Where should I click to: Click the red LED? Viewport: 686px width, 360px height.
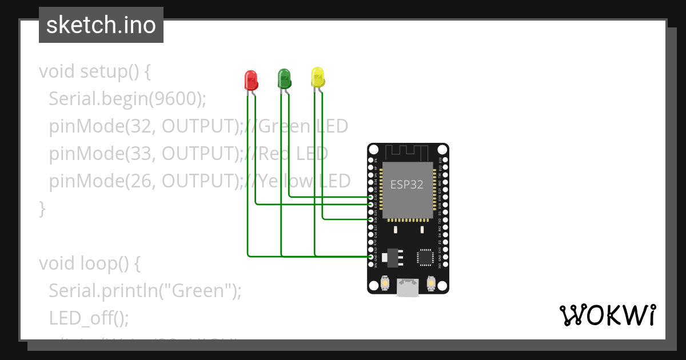pyautogui.click(x=250, y=80)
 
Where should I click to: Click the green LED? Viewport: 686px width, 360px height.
pyautogui.click(x=284, y=78)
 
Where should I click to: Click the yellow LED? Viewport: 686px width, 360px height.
pyautogui.click(x=318, y=77)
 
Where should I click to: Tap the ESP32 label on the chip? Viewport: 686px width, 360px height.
pyautogui.click(x=407, y=184)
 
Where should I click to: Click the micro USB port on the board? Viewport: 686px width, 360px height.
pyautogui.click(x=408, y=288)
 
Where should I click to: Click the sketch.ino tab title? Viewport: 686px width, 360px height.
pyautogui.click(x=101, y=25)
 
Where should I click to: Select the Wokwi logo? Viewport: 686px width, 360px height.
pyautogui.click(x=607, y=315)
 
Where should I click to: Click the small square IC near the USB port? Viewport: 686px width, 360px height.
pyautogui.click(x=426, y=257)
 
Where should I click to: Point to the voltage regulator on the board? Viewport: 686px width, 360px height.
pyautogui.click(x=390, y=257)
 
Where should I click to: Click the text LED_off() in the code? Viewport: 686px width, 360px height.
pyautogui.click(x=89, y=318)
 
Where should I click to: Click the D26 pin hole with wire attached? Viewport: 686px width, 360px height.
pyautogui.click(x=371, y=219)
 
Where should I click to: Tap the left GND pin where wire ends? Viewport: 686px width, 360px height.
pyautogui.click(x=371, y=257)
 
